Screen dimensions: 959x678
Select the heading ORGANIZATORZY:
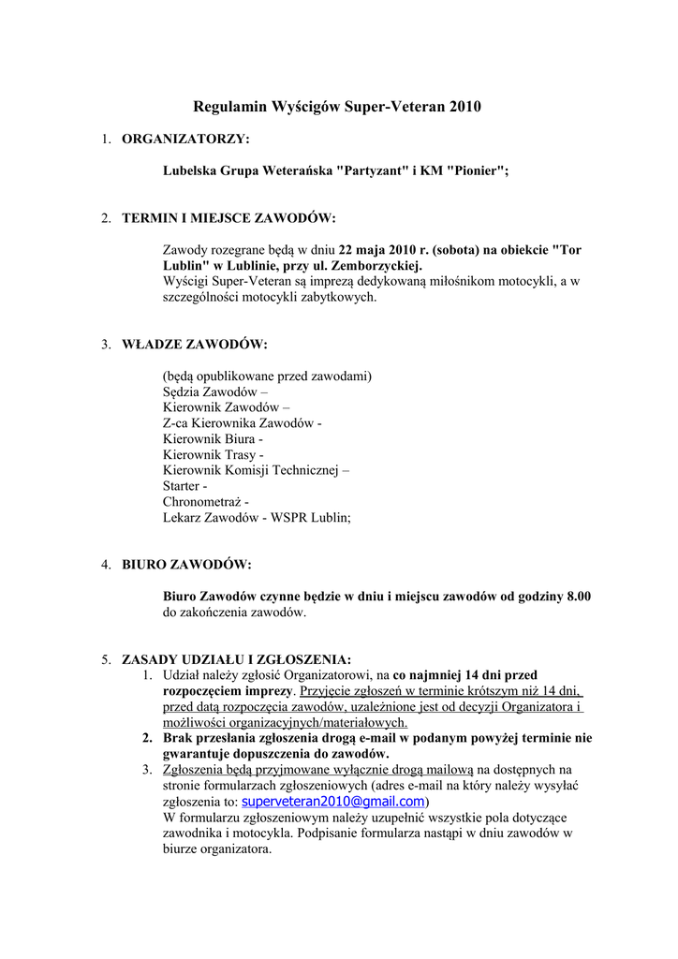pyautogui.click(x=186, y=140)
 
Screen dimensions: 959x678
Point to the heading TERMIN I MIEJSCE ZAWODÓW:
pyautogui.click(x=228, y=218)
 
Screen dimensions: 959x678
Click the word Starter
pyautogui.click(x=182, y=486)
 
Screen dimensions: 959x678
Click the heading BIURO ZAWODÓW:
pyautogui.click(x=186, y=565)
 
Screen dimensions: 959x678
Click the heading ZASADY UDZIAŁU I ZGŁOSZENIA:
pyautogui.click(x=237, y=658)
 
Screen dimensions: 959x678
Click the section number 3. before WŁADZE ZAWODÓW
pyautogui.click(x=107, y=344)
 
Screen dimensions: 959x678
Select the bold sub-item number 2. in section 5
pyautogui.click(x=147, y=738)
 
